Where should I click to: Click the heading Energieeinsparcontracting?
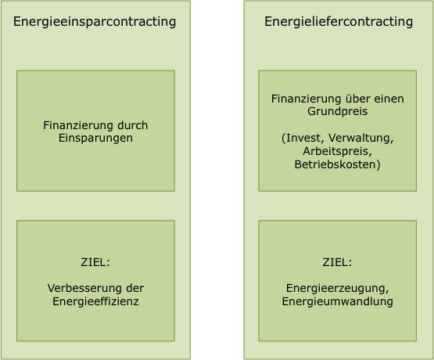tap(95, 22)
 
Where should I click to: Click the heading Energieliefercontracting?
tap(339, 22)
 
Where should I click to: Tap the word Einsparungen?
tap(95, 139)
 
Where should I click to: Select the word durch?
tap(133, 125)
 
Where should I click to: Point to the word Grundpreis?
tap(337, 112)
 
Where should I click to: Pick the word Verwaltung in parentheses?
tap(360, 138)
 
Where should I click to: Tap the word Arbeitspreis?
tap(336, 151)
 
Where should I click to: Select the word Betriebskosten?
tap(335, 164)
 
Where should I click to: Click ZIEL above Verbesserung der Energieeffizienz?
tap(95, 262)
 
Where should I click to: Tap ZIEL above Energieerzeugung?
tap(337, 262)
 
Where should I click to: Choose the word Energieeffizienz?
tap(95, 301)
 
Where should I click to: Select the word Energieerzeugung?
tap(335, 288)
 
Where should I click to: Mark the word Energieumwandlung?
tap(337, 301)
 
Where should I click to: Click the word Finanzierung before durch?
tap(78, 125)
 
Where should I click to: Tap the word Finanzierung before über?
tap(306, 99)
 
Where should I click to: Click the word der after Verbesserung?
tap(136, 288)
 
